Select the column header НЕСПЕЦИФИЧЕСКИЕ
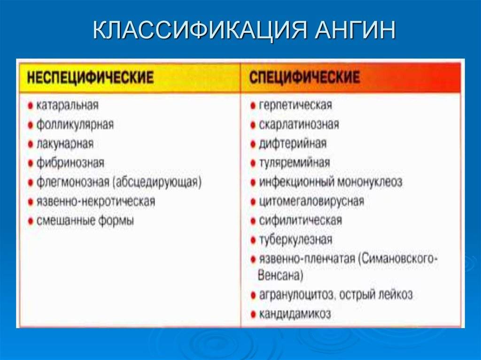click(x=90, y=77)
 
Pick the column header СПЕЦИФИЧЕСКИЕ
click(x=304, y=77)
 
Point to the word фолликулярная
click(x=75, y=124)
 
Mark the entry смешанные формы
click(x=85, y=220)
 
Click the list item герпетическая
click(x=295, y=105)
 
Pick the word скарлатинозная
click(x=298, y=124)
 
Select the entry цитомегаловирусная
click(x=311, y=201)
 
